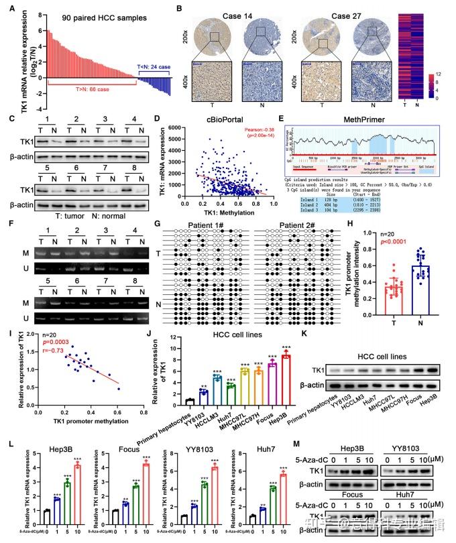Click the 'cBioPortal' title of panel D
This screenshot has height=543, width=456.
(x=220, y=121)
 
